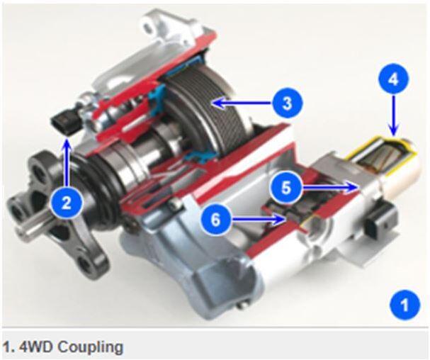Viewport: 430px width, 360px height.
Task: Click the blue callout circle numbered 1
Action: tap(404, 305)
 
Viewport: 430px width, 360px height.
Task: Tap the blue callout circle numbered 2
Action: tap(67, 203)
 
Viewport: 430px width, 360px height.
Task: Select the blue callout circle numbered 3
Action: tap(287, 103)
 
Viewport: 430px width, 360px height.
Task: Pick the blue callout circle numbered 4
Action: tap(393, 79)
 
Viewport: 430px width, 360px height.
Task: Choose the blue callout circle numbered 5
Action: tap(286, 189)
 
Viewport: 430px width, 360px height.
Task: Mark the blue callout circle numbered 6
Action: tap(215, 220)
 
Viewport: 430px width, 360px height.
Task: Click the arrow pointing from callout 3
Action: tap(242, 103)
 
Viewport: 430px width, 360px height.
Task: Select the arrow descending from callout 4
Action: tap(393, 116)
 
